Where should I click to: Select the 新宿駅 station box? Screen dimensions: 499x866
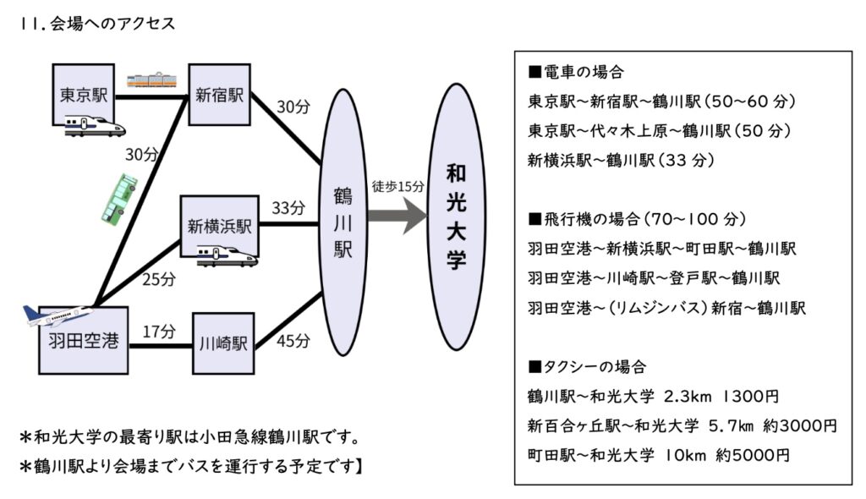click(219, 95)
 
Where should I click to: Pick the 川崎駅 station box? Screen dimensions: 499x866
click(223, 343)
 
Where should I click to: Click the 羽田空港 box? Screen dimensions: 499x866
click(83, 342)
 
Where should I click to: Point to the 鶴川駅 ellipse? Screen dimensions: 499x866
click(343, 222)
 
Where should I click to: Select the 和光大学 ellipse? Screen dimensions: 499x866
click(456, 217)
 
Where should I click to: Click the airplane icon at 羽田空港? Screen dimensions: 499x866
click(58, 316)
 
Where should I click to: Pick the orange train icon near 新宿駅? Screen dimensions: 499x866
click(152, 80)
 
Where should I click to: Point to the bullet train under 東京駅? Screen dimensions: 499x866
click(95, 126)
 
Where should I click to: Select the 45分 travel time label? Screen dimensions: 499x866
click(293, 341)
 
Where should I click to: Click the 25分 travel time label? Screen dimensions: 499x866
click(158, 279)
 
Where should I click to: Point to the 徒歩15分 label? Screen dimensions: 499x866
click(397, 186)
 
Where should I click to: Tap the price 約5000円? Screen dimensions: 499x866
click(752, 454)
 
